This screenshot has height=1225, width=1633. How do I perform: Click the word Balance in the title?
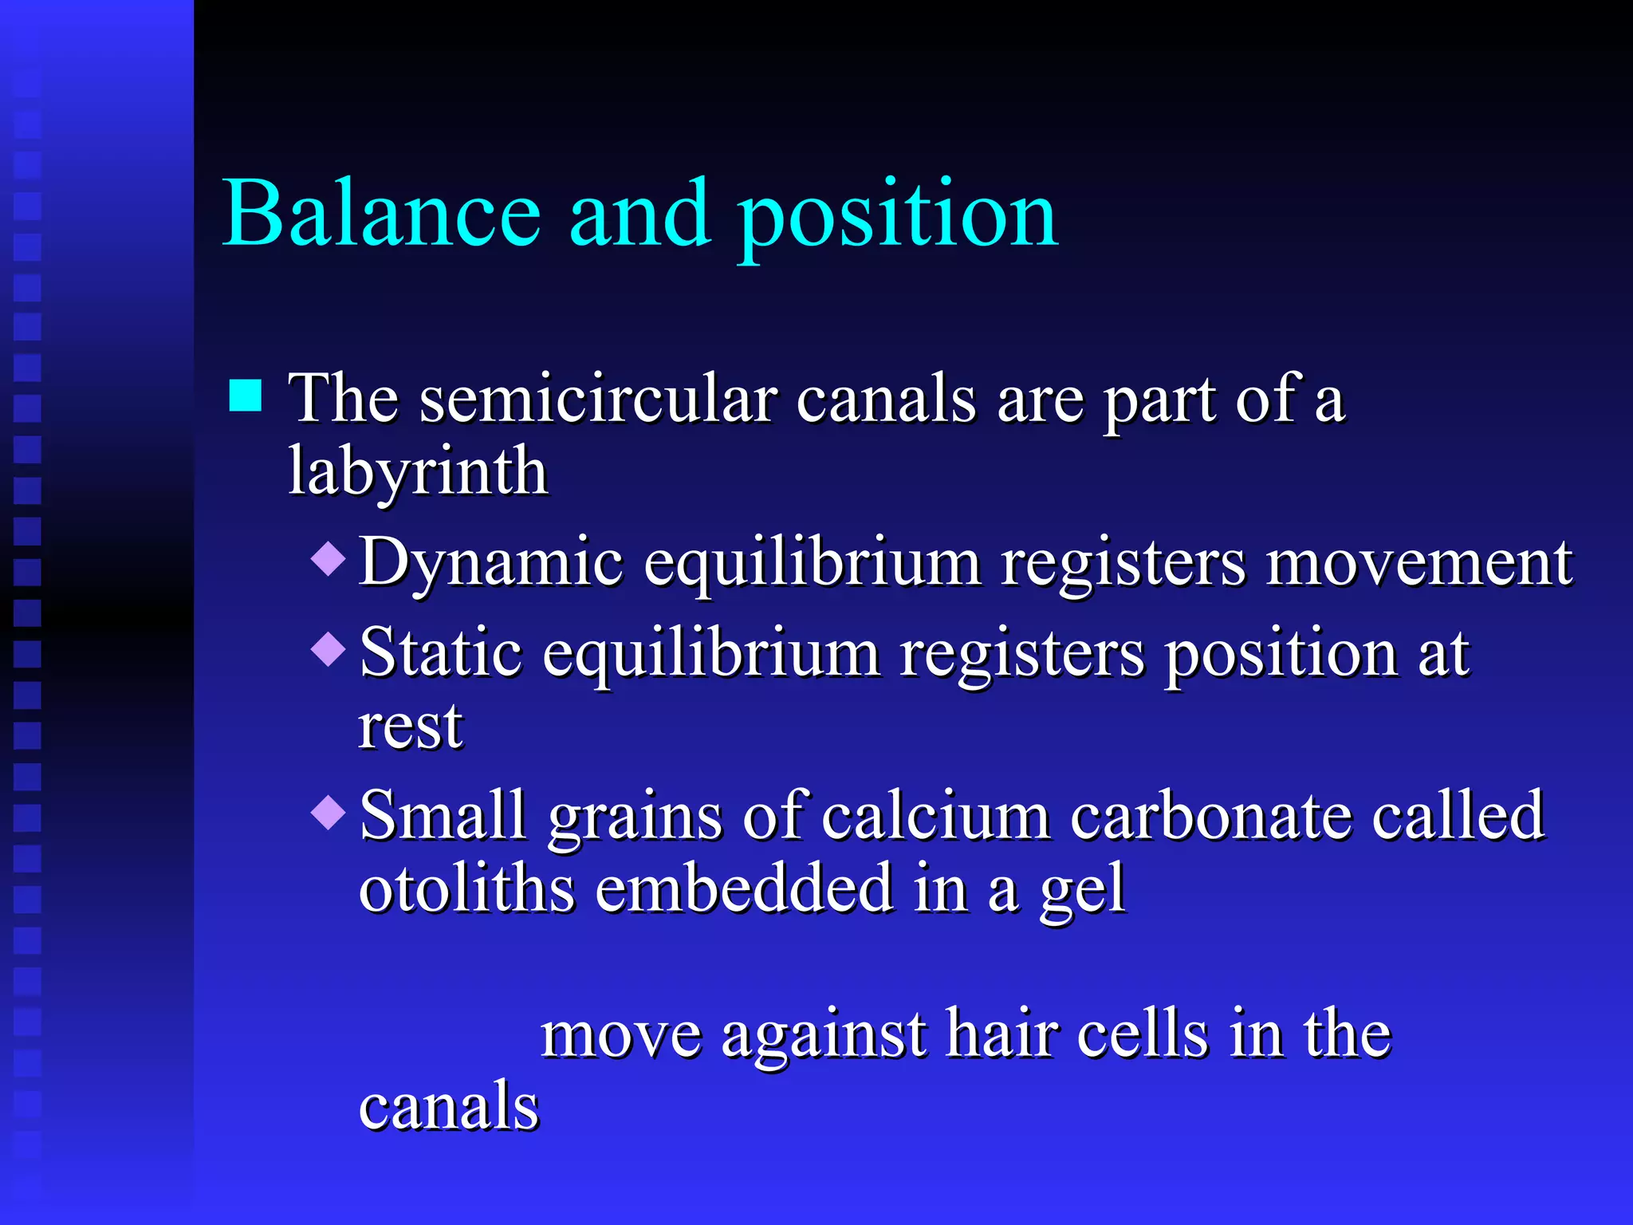pos(382,214)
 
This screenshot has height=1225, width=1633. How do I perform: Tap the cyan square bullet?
pos(246,395)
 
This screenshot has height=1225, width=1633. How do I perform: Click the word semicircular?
pos(598,398)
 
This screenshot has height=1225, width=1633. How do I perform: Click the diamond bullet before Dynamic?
pos(328,558)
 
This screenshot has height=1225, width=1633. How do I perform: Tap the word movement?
pos(1419,563)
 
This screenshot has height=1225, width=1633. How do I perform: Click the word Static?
pos(441,653)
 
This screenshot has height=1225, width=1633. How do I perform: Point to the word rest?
pos(410,727)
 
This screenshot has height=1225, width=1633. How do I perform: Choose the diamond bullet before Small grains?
pos(328,813)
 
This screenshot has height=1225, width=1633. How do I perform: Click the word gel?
pos(1082,892)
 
